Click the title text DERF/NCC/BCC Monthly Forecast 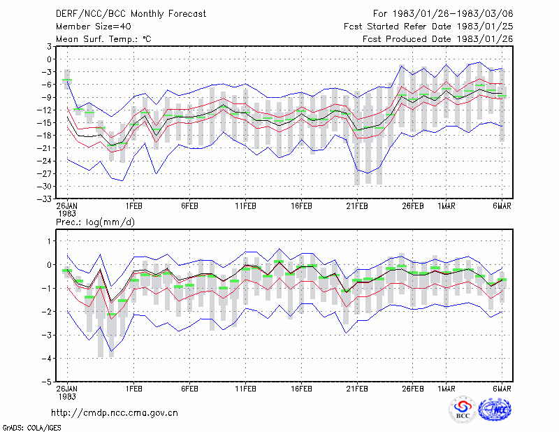131,14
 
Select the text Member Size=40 94,27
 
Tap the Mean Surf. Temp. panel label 103,39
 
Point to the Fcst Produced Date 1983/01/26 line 438,39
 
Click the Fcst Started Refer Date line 428,27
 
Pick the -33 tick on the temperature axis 45,199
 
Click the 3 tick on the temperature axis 49,46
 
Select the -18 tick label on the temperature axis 45,136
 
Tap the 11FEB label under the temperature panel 245,206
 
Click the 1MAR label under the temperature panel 447,206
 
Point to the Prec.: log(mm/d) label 95,222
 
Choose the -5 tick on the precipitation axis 47,382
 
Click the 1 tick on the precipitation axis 49,241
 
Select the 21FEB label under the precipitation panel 357,389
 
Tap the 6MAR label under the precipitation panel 502,389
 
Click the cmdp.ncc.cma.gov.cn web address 115,413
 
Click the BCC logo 463,410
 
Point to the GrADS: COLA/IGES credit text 32,428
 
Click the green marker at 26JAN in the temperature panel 67,80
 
